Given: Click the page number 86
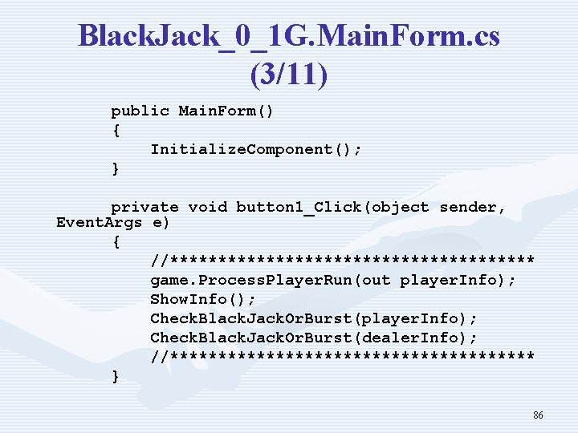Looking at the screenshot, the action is click(x=538, y=415).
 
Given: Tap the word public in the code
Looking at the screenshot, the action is click(x=140, y=111).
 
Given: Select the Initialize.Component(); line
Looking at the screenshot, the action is click(x=256, y=149).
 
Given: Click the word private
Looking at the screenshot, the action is click(x=144, y=207).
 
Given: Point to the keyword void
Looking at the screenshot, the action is click(x=208, y=207).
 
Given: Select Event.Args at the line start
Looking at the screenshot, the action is click(x=99, y=222).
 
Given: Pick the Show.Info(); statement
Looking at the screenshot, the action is click(x=203, y=299).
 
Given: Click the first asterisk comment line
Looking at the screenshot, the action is click(x=342, y=260).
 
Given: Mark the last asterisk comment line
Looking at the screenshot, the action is click(x=342, y=356).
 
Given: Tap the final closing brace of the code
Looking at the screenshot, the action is click(x=116, y=375).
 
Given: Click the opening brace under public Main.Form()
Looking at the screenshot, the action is click(x=116, y=130).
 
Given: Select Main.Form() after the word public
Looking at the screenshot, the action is click(x=226, y=111).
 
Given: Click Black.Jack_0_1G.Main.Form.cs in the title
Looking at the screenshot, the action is click(x=289, y=36).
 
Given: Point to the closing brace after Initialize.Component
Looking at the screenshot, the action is click(x=116, y=168).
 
